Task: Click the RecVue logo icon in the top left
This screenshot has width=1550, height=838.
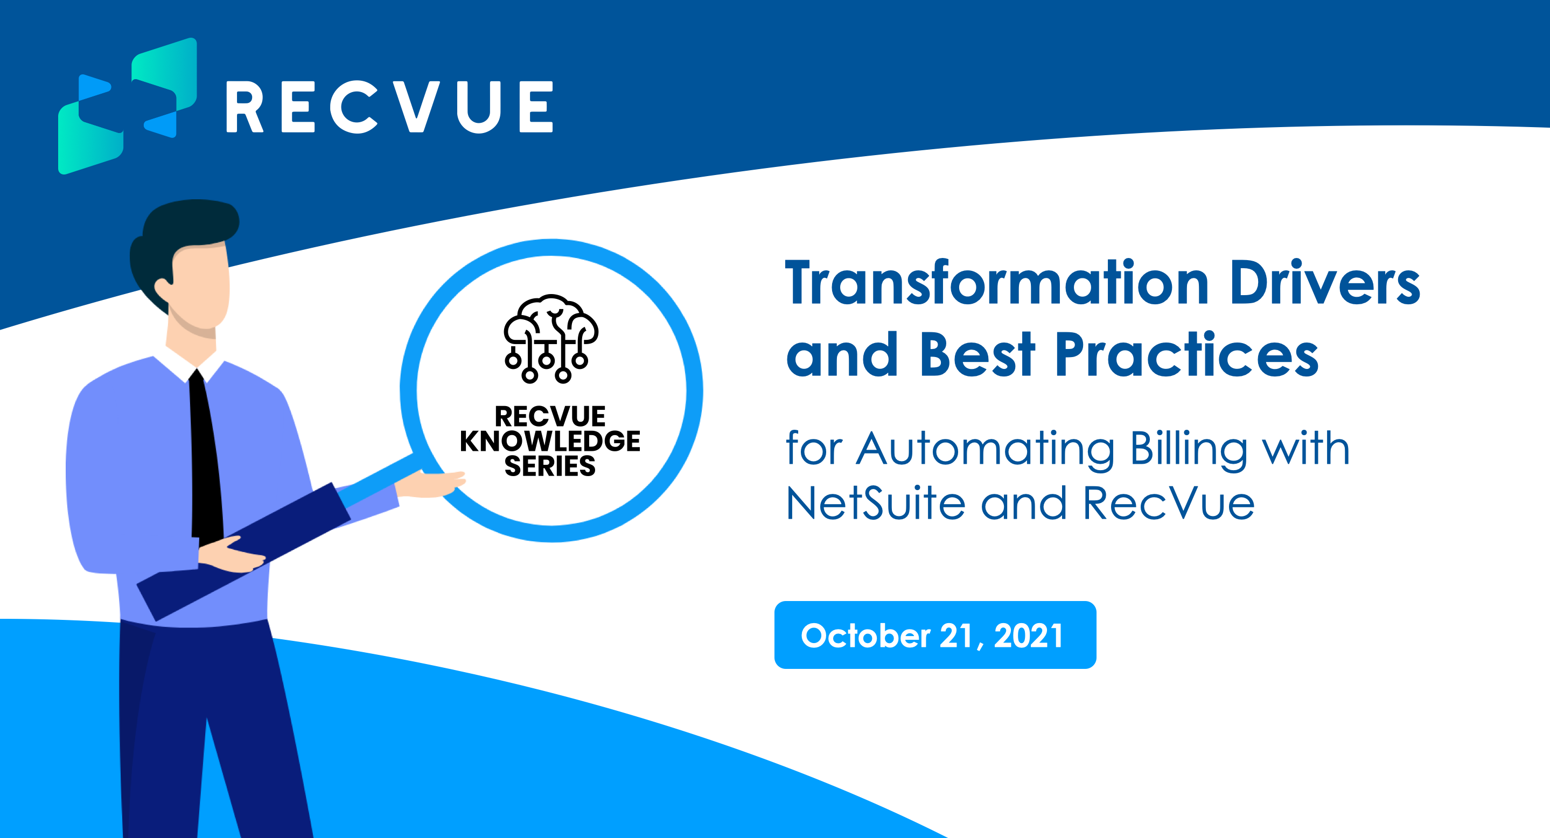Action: pyautogui.click(x=127, y=106)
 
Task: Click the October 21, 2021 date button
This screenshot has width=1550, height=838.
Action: pyautogui.click(x=935, y=634)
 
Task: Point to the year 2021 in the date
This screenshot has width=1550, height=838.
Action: pyautogui.click(x=1028, y=636)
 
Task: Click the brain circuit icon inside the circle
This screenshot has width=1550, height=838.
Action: pyautogui.click(x=550, y=338)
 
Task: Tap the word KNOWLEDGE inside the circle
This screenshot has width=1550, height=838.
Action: pyautogui.click(x=550, y=441)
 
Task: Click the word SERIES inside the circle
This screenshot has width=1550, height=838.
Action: pyautogui.click(x=550, y=466)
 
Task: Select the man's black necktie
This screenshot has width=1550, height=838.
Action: pyautogui.click(x=206, y=457)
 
